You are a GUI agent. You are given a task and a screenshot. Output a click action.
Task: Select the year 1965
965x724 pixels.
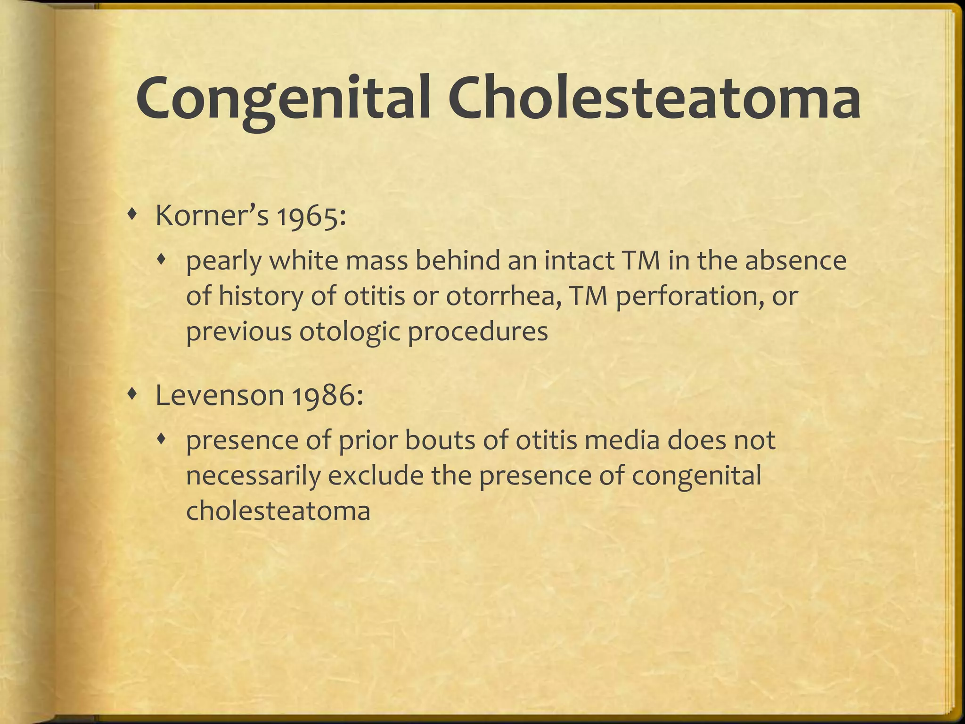coord(311,217)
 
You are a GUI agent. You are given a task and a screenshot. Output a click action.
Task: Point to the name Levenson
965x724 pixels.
coord(219,395)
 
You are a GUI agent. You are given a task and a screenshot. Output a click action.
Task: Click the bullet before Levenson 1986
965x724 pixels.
coord(134,392)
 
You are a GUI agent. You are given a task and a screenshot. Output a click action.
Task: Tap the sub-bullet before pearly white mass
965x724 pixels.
coord(162,258)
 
